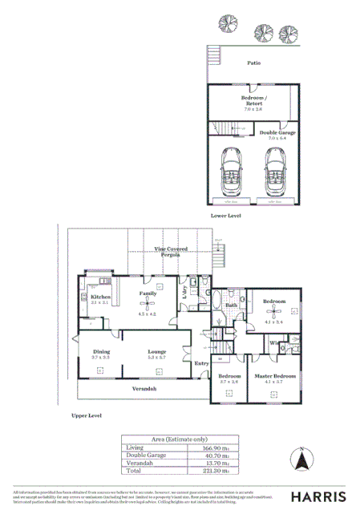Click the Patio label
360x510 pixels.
[253, 62]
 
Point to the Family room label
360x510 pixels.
[148, 294]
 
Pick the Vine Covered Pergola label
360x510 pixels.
[172, 251]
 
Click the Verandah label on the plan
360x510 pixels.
[144, 388]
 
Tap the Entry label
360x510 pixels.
[201, 363]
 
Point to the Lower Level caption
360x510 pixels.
[225, 216]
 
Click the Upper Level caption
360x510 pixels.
[87, 416]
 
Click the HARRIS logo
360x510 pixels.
[319, 496]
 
